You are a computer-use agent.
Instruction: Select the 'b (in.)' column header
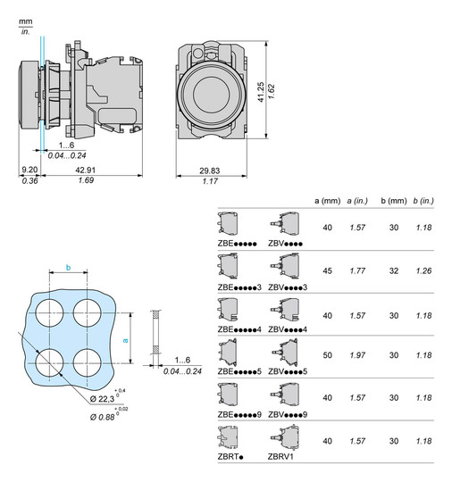click(423, 200)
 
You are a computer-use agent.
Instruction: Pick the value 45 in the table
click(328, 270)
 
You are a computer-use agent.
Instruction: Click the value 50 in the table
click(328, 355)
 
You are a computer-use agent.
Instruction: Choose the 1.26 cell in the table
click(423, 270)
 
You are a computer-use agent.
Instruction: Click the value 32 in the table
click(393, 270)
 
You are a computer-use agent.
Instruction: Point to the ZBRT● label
click(231, 455)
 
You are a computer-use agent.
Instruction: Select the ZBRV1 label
click(280, 455)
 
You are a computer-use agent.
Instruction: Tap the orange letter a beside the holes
click(125, 340)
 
